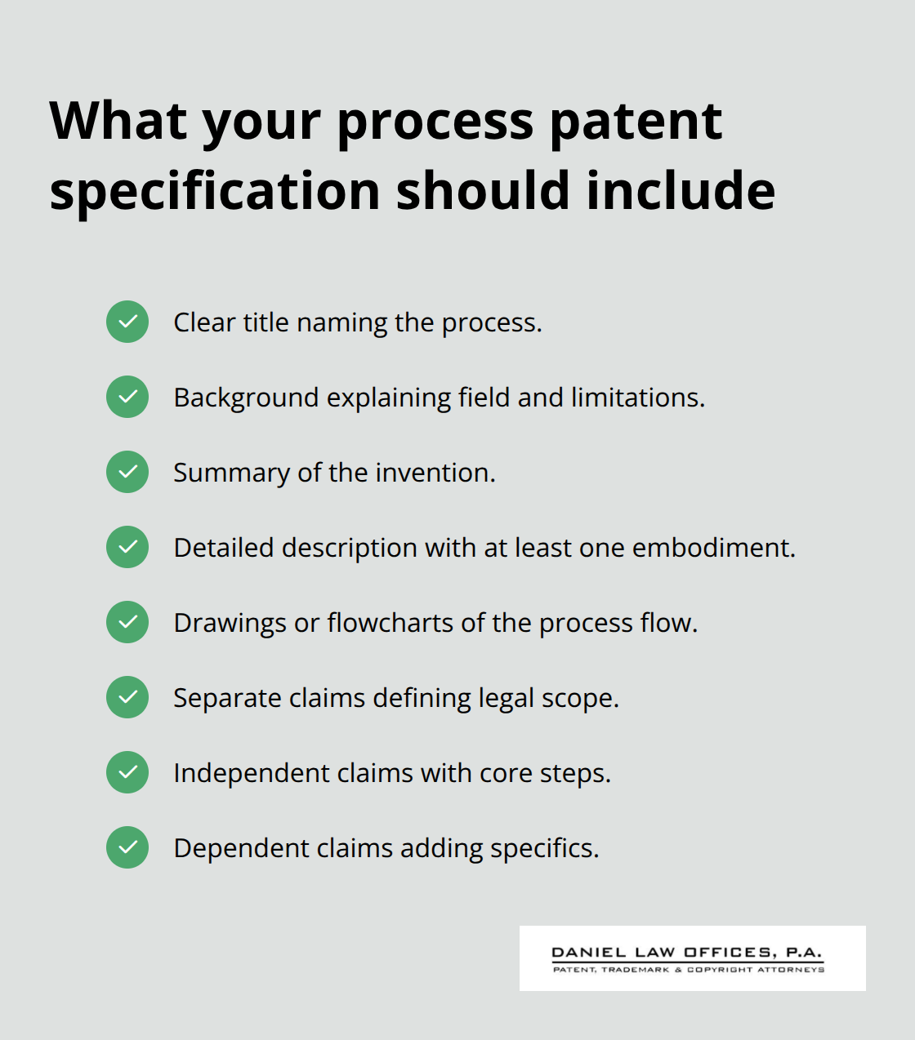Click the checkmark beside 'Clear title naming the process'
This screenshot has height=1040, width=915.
pyautogui.click(x=127, y=322)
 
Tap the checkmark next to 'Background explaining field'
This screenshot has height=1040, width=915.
pyautogui.click(x=127, y=397)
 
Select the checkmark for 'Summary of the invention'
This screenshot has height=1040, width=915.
pyautogui.click(x=127, y=472)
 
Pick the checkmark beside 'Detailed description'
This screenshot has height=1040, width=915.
pyautogui.click(x=127, y=547)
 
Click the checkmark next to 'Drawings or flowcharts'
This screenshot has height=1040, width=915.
pyautogui.click(x=127, y=622)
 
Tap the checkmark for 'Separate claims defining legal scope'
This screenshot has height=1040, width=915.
pyautogui.click(x=127, y=697)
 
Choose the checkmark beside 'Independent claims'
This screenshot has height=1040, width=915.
pyautogui.click(x=127, y=772)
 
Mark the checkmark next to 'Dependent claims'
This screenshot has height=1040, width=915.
pyautogui.click(x=127, y=847)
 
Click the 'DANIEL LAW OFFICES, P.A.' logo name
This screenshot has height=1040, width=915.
pyautogui.click(x=687, y=953)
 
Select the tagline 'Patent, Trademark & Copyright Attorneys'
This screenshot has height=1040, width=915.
pyautogui.click(x=689, y=970)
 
